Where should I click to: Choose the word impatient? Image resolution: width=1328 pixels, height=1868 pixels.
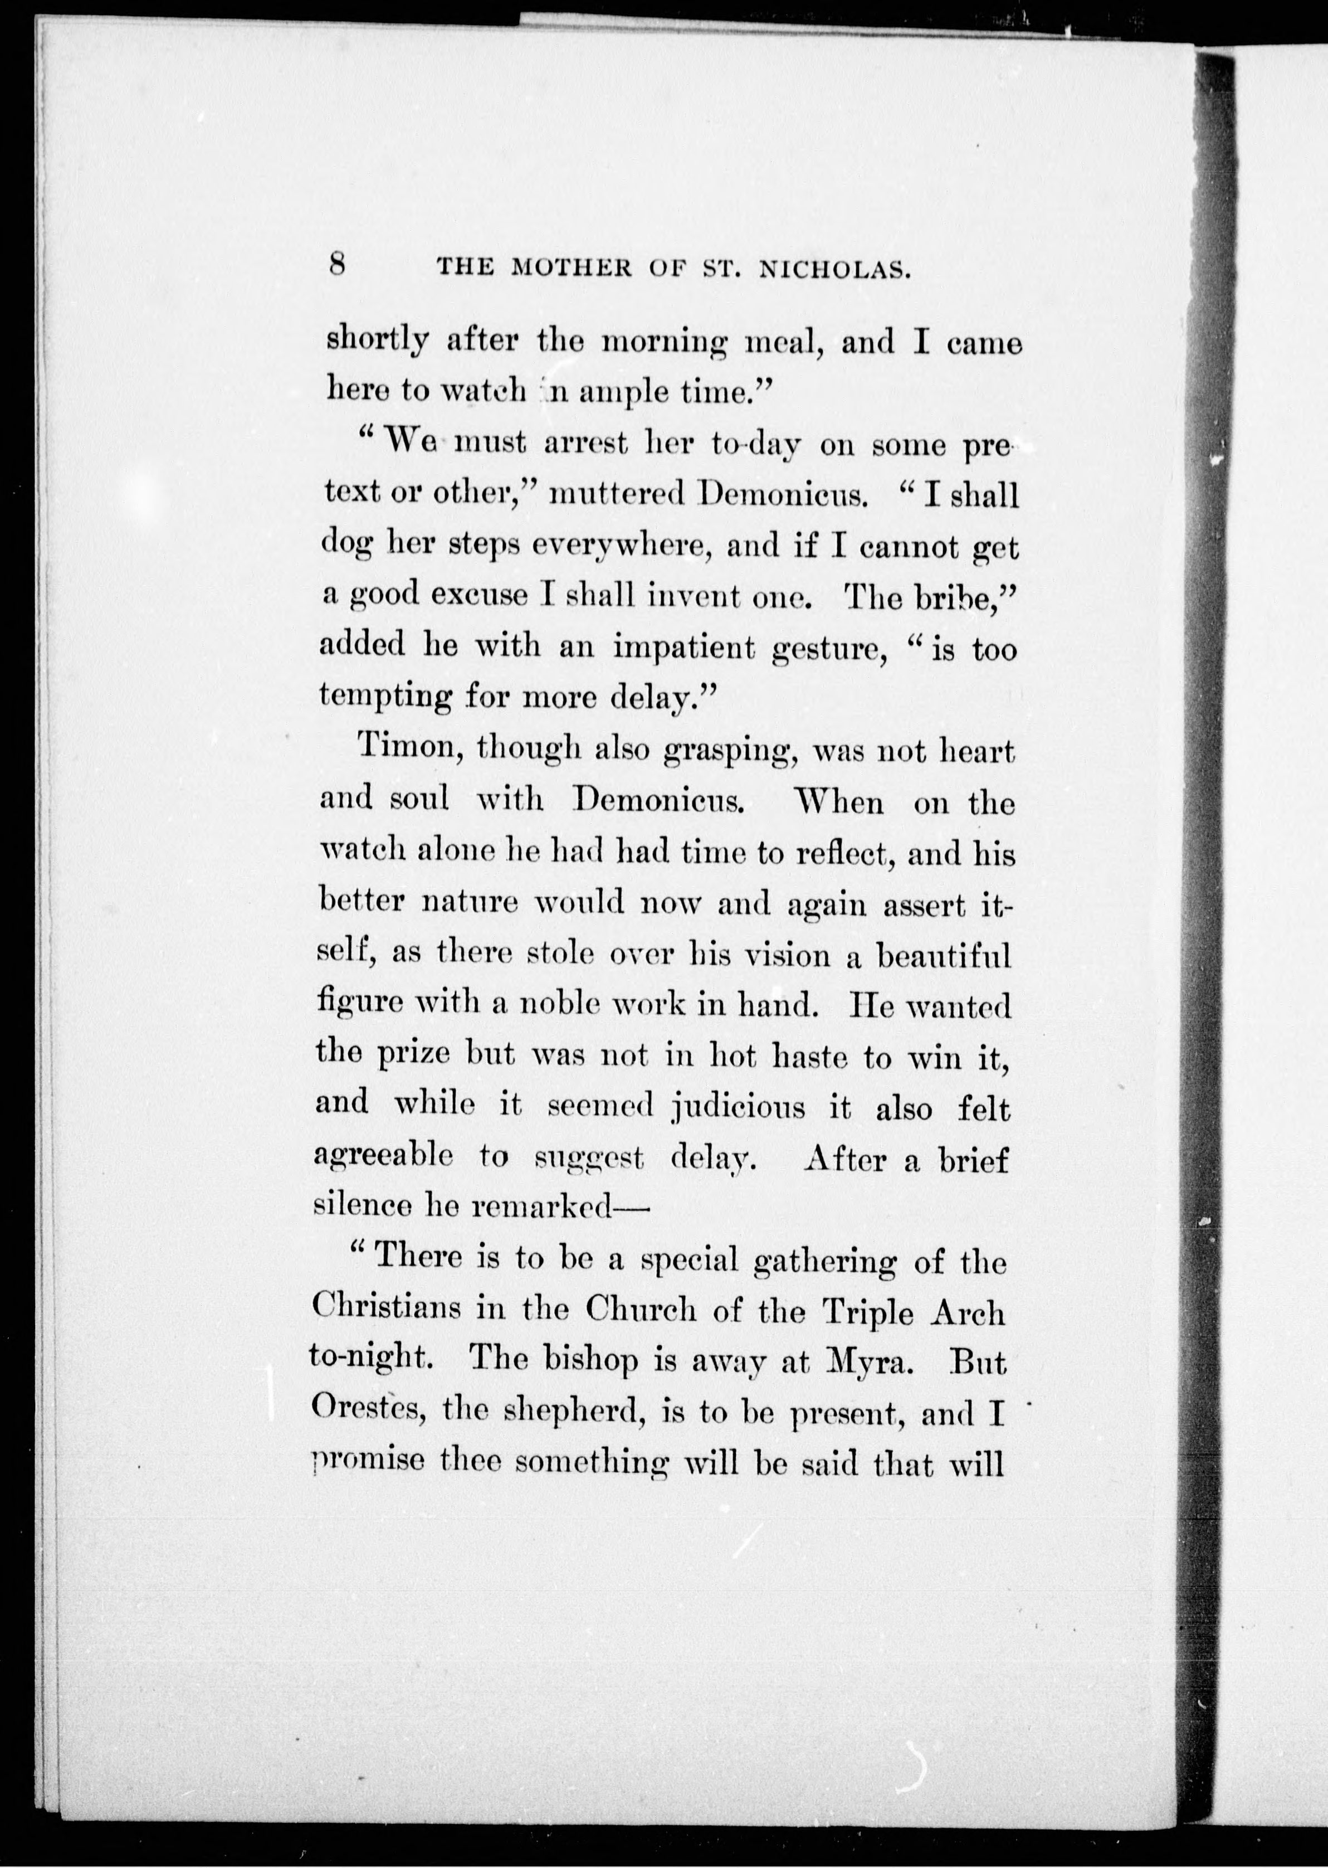[683, 647]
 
